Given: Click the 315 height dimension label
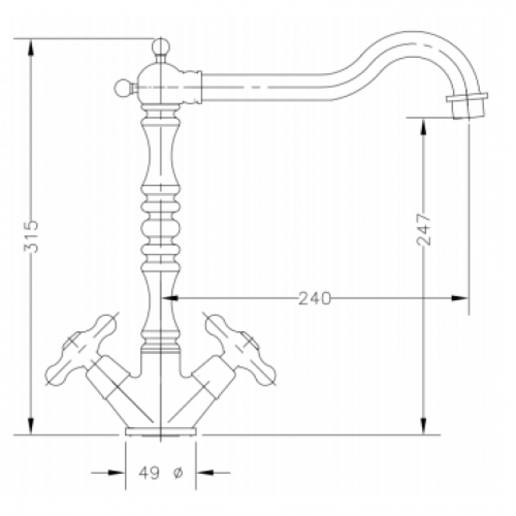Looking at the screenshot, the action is coord(31,236).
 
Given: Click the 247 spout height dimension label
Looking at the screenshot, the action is coord(424,230).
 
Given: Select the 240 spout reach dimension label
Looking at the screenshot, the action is coord(314,298).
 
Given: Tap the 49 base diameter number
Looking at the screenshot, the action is coord(149,473).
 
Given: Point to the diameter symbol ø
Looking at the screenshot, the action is coord(178,473).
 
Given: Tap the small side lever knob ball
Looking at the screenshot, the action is coord(122,88).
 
